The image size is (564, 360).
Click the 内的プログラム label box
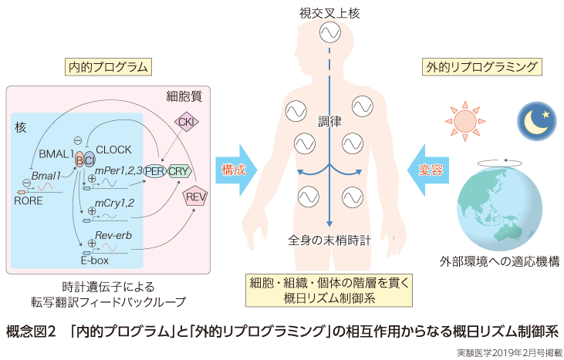pyautogui.click(x=107, y=67)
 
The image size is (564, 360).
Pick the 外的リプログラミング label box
pyautogui.click(x=481, y=67)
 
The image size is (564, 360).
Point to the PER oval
pyautogui.click(x=156, y=170)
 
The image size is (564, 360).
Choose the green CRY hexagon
pyautogui.click(x=179, y=170)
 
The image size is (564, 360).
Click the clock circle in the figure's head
pyautogui.click(x=329, y=32)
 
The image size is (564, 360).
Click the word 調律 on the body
pyautogui.click(x=329, y=121)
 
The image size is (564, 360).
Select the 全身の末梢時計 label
pyautogui.click(x=329, y=240)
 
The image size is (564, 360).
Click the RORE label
pyautogui.click(x=28, y=199)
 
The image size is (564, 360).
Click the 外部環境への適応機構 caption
pyautogui.click(x=500, y=261)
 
